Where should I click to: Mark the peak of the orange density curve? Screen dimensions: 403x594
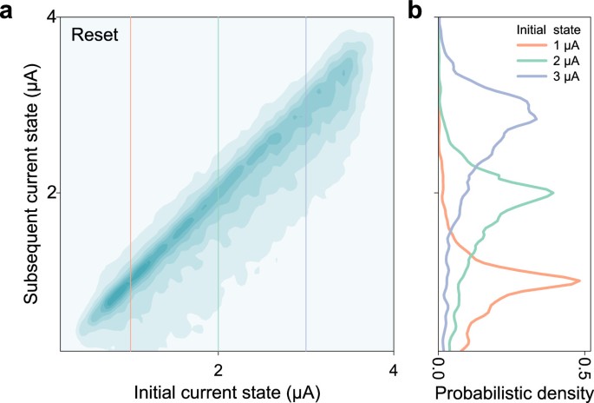[579, 281]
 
